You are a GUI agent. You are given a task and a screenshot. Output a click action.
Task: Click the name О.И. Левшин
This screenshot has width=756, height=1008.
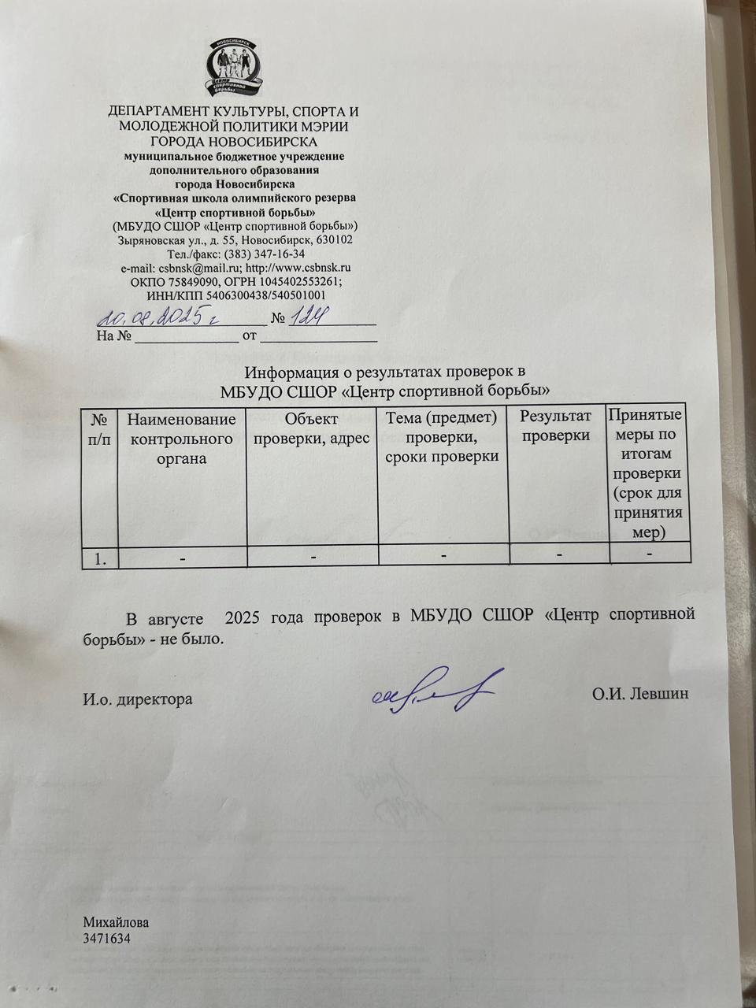(x=640, y=695)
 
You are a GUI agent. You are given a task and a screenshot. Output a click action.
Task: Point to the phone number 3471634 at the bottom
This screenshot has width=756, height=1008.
(x=106, y=939)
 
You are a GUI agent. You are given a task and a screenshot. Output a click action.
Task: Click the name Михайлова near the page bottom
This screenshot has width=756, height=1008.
(x=116, y=923)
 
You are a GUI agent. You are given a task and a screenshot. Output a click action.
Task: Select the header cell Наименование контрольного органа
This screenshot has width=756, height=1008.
(x=181, y=439)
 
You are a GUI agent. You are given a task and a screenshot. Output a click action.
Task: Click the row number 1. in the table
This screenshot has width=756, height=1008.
(x=101, y=558)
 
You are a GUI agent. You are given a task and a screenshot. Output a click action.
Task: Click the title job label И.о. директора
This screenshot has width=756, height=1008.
(x=138, y=699)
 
